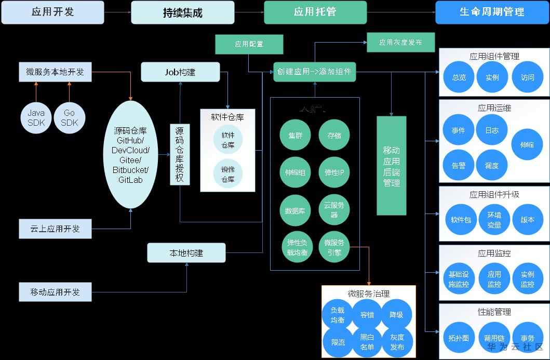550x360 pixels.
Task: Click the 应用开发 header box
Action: point(52,12)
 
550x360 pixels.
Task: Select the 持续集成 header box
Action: point(182,12)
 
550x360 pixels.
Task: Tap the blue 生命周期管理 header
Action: point(492,12)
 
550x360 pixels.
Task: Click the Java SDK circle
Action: point(36,117)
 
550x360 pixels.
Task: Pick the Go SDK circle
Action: point(69,117)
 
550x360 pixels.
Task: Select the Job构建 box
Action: point(180,72)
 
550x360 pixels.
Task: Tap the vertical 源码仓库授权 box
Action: point(180,155)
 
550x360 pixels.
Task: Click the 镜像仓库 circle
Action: point(228,174)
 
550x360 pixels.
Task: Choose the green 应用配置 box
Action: point(249,44)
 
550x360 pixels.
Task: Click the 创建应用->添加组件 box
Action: point(314,72)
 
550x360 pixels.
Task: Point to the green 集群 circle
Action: point(295,136)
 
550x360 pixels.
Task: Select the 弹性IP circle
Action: point(334,172)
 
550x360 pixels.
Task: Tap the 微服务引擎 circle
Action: point(334,247)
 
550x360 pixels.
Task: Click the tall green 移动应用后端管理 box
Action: point(391,166)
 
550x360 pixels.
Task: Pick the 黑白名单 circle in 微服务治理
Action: point(367,342)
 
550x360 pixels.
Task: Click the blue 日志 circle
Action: point(491,130)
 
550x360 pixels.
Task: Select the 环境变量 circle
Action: point(494,219)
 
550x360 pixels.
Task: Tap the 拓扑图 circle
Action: point(459,338)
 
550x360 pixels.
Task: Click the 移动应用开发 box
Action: point(55,292)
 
